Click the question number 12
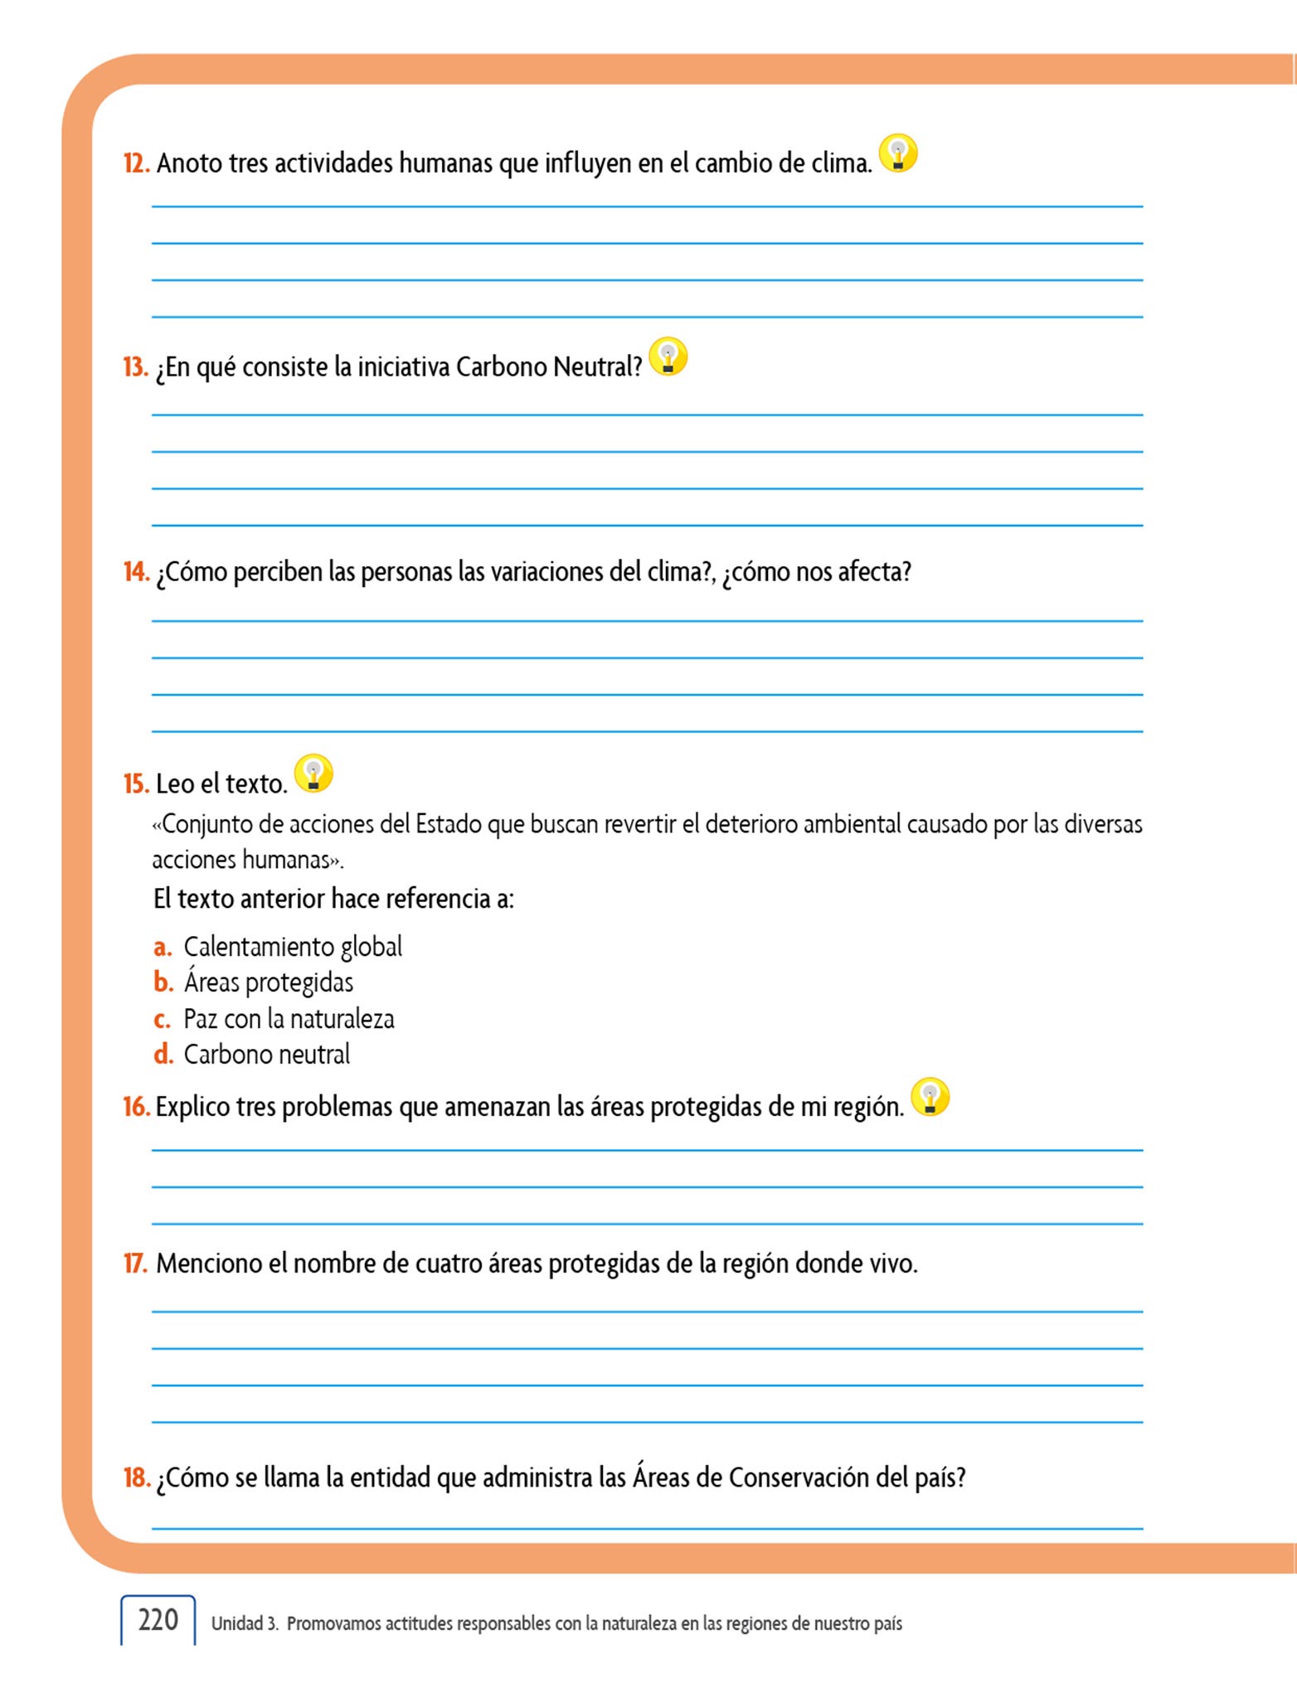(x=136, y=163)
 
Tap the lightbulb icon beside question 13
(x=668, y=357)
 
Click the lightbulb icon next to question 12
(x=898, y=153)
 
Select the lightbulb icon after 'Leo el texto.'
(x=313, y=774)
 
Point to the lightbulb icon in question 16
(x=930, y=1097)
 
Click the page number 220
(x=158, y=1620)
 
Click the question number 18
(x=136, y=1477)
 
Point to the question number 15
(x=136, y=784)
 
